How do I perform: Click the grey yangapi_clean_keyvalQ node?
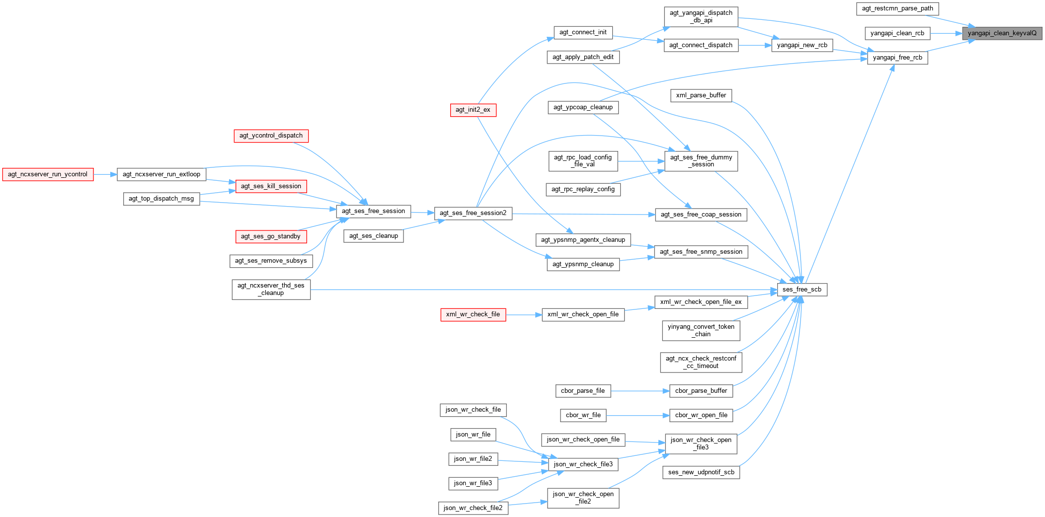[1002, 33]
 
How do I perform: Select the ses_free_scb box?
[802, 290]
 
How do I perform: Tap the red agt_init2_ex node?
[473, 110]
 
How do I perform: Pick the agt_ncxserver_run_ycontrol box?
[48, 174]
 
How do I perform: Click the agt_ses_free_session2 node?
[473, 213]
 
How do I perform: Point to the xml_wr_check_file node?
[473, 314]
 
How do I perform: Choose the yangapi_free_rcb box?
[897, 58]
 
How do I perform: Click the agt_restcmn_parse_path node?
[897, 8]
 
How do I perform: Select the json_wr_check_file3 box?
[583, 464]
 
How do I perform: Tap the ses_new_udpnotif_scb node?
[701, 472]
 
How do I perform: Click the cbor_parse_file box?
[582, 391]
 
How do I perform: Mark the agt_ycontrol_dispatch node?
[271, 136]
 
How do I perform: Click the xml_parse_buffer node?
[701, 95]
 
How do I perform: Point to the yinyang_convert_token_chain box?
[701, 330]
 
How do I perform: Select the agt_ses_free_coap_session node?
[701, 215]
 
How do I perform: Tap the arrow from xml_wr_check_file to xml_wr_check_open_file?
[524, 314]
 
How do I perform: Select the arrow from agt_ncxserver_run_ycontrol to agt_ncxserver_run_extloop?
[105, 174]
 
